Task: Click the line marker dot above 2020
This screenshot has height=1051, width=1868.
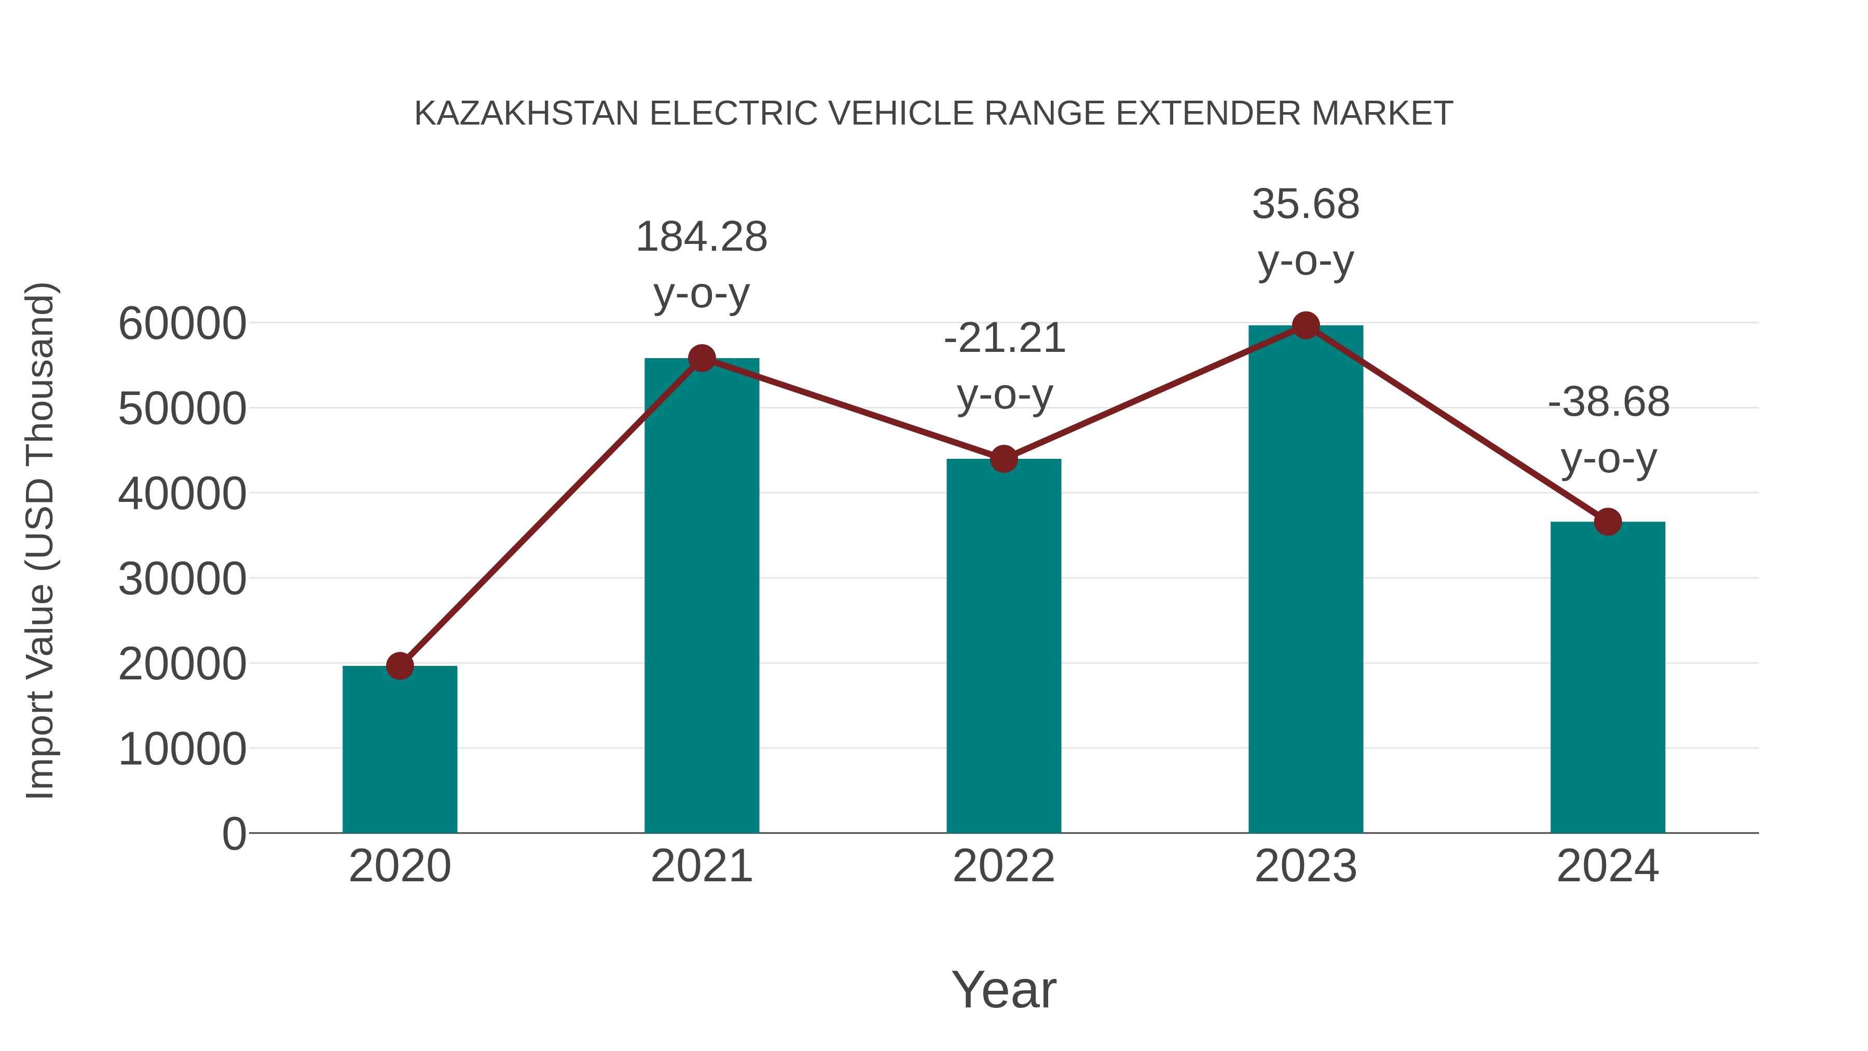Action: coord(400,665)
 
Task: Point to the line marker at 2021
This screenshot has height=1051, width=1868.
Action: coord(701,358)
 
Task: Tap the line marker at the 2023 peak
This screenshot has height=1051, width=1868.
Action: coord(1306,325)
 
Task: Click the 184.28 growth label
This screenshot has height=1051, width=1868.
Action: coord(701,237)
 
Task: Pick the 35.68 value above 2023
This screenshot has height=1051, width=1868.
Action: coord(1306,204)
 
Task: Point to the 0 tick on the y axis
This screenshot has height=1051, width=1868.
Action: coord(233,834)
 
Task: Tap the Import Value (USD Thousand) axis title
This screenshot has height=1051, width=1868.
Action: coord(40,540)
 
